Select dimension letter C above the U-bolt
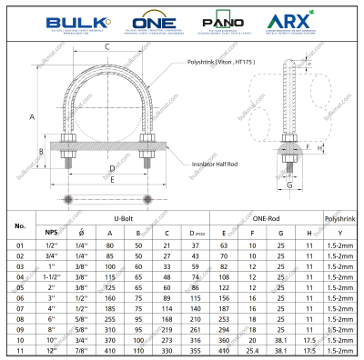[x=107, y=46]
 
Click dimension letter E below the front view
[x=112, y=180]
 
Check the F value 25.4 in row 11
[x=252, y=349]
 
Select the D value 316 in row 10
[x=195, y=339]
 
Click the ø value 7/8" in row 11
[x=80, y=349]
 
